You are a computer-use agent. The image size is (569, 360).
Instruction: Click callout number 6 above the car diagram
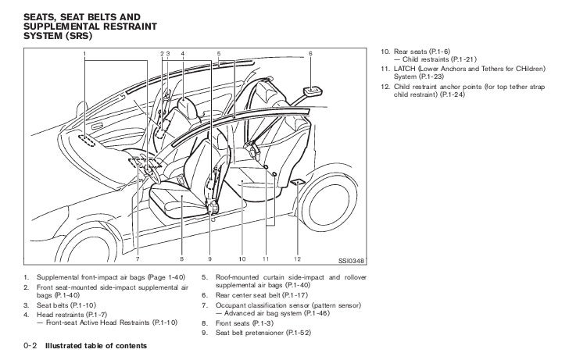pyautogui.click(x=310, y=53)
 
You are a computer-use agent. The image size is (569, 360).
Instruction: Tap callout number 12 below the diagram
pyautogui.click(x=298, y=258)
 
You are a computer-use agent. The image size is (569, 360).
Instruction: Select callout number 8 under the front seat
pyautogui.click(x=181, y=258)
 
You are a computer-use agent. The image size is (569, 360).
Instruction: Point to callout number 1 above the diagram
pyautogui.click(x=86, y=53)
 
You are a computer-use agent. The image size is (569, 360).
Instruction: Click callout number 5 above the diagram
pyautogui.click(x=219, y=53)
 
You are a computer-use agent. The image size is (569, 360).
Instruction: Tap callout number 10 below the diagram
pyautogui.click(x=242, y=258)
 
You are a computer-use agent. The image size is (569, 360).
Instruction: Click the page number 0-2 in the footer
pyautogui.click(x=31, y=344)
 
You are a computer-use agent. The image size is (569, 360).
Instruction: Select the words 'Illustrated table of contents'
pyautogui.click(x=95, y=344)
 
